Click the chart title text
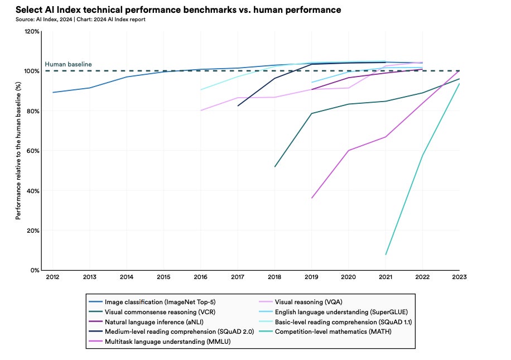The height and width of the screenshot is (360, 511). pyautogui.click(x=178, y=10)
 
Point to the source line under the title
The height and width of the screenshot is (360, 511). pyautogui.click(x=80, y=20)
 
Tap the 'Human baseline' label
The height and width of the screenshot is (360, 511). pyautogui.click(x=68, y=64)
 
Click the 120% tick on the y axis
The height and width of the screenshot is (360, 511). pyautogui.click(x=32, y=32)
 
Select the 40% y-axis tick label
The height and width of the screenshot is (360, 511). pyautogui.click(x=33, y=191)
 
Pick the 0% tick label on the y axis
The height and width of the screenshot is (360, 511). pyautogui.click(x=35, y=271)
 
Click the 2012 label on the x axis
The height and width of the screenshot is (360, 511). pyautogui.click(x=52, y=277)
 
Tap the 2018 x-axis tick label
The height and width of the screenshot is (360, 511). pyautogui.click(x=274, y=277)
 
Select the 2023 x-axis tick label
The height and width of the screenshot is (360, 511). pyautogui.click(x=459, y=277)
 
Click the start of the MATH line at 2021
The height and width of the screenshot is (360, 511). pyautogui.click(x=385, y=255)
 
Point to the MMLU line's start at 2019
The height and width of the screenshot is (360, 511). pyautogui.click(x=312, y=198)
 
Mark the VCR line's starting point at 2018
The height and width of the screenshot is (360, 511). pyautogui.click(x=275, y=167)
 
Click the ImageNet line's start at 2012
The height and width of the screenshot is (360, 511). pyautogui.click(x=52, y=93)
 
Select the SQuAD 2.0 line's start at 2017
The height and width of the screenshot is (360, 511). pyautogui.click(x=238, y=106)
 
